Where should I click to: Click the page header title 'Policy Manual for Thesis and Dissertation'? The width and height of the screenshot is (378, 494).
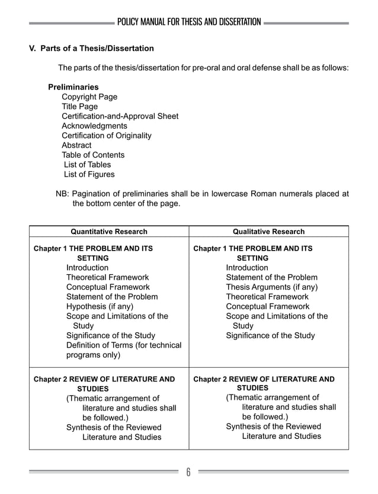coord(188,23)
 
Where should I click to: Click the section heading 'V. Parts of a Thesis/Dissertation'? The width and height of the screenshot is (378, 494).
coord(92,48)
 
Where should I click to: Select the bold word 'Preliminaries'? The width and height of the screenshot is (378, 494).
coord(73,87)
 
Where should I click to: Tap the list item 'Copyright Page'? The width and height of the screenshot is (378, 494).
coord(89,97)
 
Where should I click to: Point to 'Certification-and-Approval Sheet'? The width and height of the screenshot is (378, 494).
coord(120,116)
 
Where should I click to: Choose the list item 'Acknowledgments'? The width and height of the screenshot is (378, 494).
coord(94,126)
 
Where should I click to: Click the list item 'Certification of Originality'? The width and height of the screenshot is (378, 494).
coord(106,136)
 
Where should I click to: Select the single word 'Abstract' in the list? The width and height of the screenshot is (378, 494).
coord(76,145)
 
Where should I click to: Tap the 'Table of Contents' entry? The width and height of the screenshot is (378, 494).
coord(93,155)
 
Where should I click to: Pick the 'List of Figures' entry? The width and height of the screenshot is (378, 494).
coord(89,174)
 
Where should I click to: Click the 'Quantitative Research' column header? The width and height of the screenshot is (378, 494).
coord(109,232)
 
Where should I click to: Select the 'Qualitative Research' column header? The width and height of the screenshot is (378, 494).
coord(268,232)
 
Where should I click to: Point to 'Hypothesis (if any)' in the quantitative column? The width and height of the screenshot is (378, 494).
coord(100,306)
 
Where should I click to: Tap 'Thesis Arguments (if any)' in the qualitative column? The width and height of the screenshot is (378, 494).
coord(272,287)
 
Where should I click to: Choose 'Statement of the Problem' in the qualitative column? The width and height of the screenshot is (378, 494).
coord(271,277)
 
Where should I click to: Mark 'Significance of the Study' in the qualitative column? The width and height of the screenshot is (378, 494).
coord(270,336)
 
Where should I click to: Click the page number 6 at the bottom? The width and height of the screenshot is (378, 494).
coord(188,472)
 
